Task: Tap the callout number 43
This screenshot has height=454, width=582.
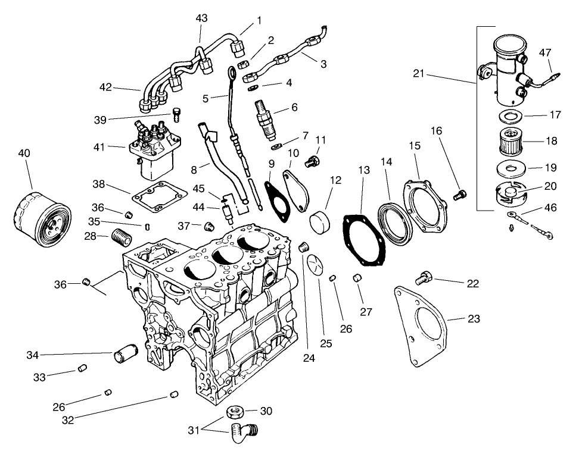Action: [201, 18]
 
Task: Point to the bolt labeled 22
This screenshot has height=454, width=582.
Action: [424, 277]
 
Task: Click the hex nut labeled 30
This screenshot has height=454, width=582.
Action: [235, 412]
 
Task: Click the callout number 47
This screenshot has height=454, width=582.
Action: [544, 52]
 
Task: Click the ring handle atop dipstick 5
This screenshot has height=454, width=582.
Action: [232, 74]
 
